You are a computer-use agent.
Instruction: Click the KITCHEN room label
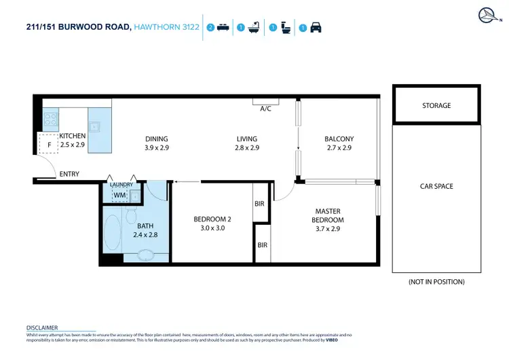point(73,136)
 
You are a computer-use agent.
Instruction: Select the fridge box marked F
point(48,145)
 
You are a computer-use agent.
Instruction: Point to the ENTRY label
point(69,175)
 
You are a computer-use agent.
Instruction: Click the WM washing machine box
point(119,196)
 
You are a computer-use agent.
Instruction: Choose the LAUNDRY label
point(121,185)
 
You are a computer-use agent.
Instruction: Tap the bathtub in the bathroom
point(111,231)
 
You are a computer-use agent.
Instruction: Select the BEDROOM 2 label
point(212,219)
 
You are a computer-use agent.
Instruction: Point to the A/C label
point(265,109)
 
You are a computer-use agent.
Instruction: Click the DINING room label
point(156,139)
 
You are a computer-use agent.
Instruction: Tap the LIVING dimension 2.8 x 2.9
point(246,148)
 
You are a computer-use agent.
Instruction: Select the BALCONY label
point(339,139)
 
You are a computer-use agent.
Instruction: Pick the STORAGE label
point(436,106)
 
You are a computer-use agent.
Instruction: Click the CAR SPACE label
point(436,186)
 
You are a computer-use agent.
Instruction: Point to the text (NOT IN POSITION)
point(436,281)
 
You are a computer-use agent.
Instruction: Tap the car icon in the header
point(316,29)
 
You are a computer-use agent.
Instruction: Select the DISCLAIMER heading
point(42,327)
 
